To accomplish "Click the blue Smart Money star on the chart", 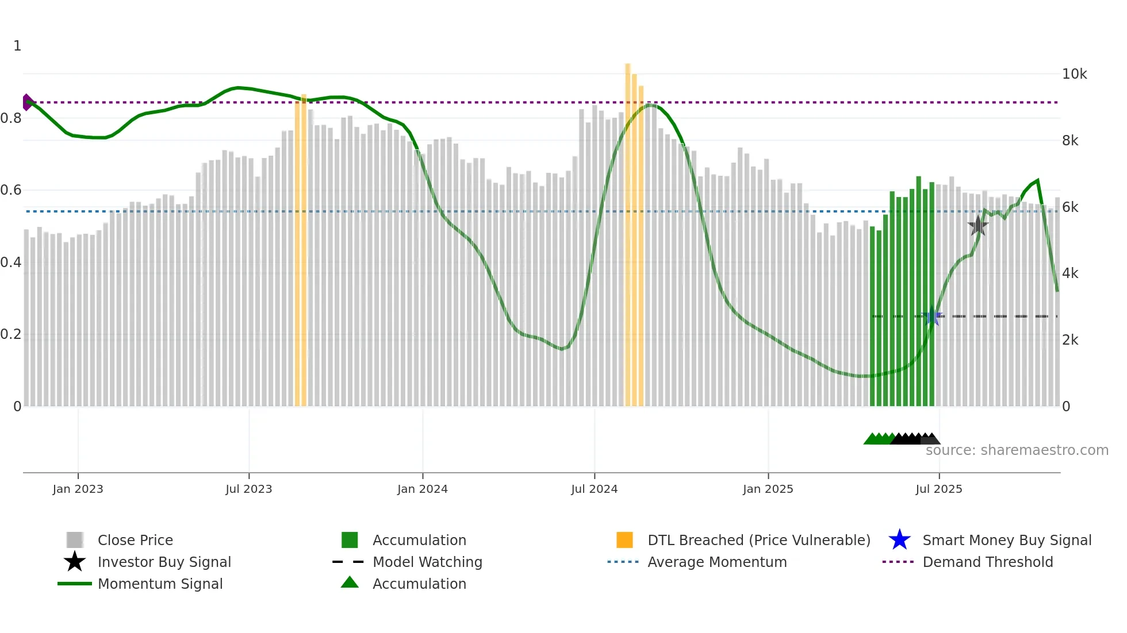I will [x=932, y=317].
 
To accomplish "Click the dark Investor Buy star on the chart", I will [x=977, y=226].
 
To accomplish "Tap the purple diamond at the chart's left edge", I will [x=27, y=102].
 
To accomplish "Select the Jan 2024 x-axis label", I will [x=422, y=489].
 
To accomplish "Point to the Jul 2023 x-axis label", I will [x=248, y=489].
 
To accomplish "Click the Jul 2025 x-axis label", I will [x=938, y=489].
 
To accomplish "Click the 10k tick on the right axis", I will [x=1074, y=74].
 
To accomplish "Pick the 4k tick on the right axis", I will [x=1070, y=273].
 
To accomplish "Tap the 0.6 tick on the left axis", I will [x=11, y=190].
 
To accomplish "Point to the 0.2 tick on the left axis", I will [x=11, y=334].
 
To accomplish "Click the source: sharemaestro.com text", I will [x=1017, y=450].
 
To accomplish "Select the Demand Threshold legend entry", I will [x=987, y=562].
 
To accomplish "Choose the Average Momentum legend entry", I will [x=716, y=562].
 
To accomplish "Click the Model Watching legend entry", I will [x=427, y=562].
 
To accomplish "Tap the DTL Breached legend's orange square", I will [x=624, y=540].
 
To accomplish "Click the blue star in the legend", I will [x=899, y=540].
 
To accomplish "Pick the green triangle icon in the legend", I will [x=350, y=583].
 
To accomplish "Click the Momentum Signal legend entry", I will [x=160, y=584].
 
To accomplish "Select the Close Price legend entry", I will [x=135, y=540].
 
